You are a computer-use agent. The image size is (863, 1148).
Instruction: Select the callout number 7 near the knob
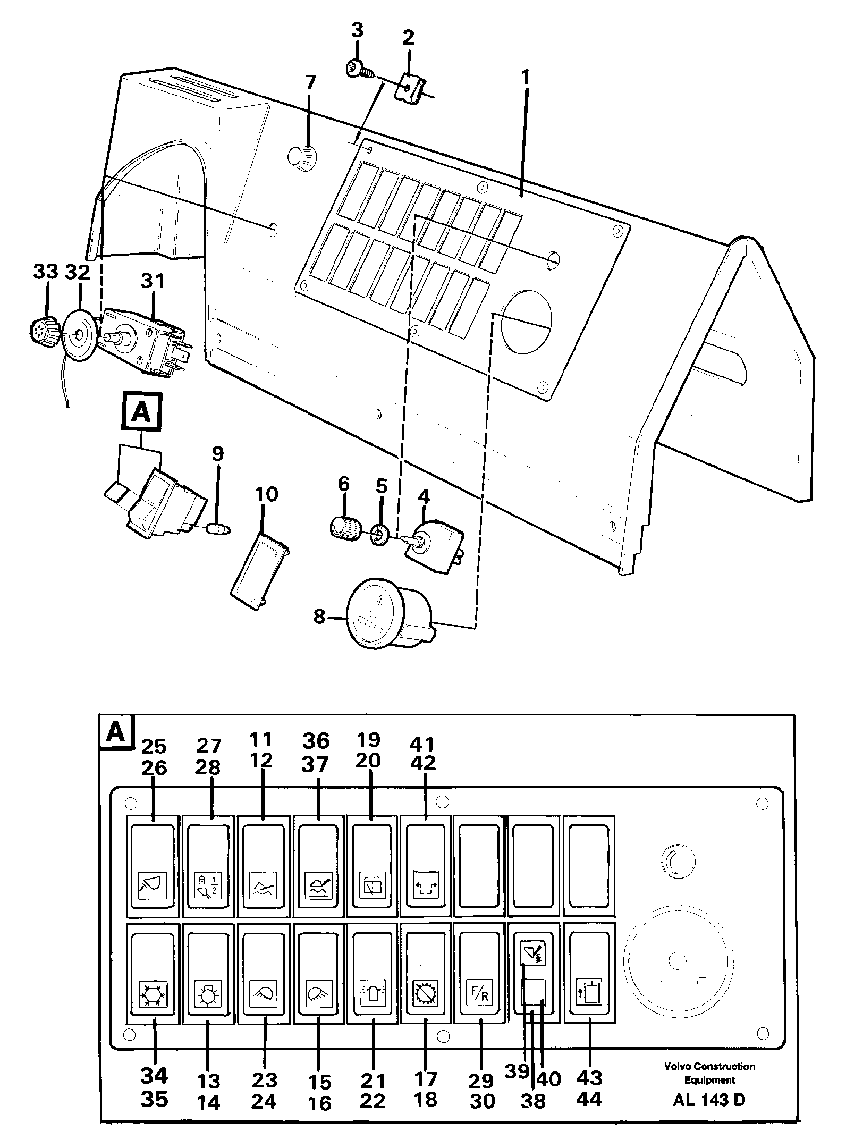310,83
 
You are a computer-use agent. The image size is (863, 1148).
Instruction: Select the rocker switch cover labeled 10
259,567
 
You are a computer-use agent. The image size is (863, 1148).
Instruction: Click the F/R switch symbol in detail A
479,992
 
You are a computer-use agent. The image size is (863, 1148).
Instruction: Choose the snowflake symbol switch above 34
152,992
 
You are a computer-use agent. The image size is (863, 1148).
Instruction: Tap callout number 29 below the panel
481,1065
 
